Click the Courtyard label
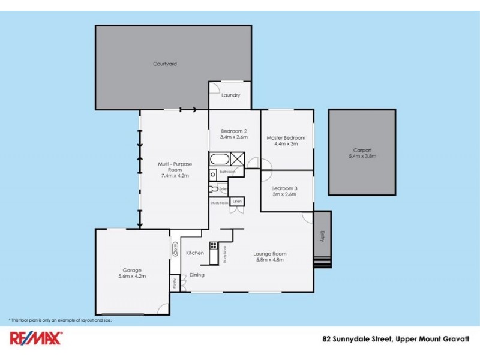pos(164,64)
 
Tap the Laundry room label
pos(230,95)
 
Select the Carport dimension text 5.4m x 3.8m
pos(362,156)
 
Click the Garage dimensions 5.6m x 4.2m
pos(132,277)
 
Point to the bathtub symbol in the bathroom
pos(219,160)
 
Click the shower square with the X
pos(238,160)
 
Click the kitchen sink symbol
pos(176,249)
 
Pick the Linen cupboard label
pos(238,202)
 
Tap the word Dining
pos(197,275)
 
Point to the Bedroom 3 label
pos(284,188)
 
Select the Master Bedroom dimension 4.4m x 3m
pos(282,144)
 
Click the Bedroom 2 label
pos(234,131)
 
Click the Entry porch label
pos(322,233)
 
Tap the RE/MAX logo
pos(35,339)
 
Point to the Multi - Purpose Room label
pos(175,166)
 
